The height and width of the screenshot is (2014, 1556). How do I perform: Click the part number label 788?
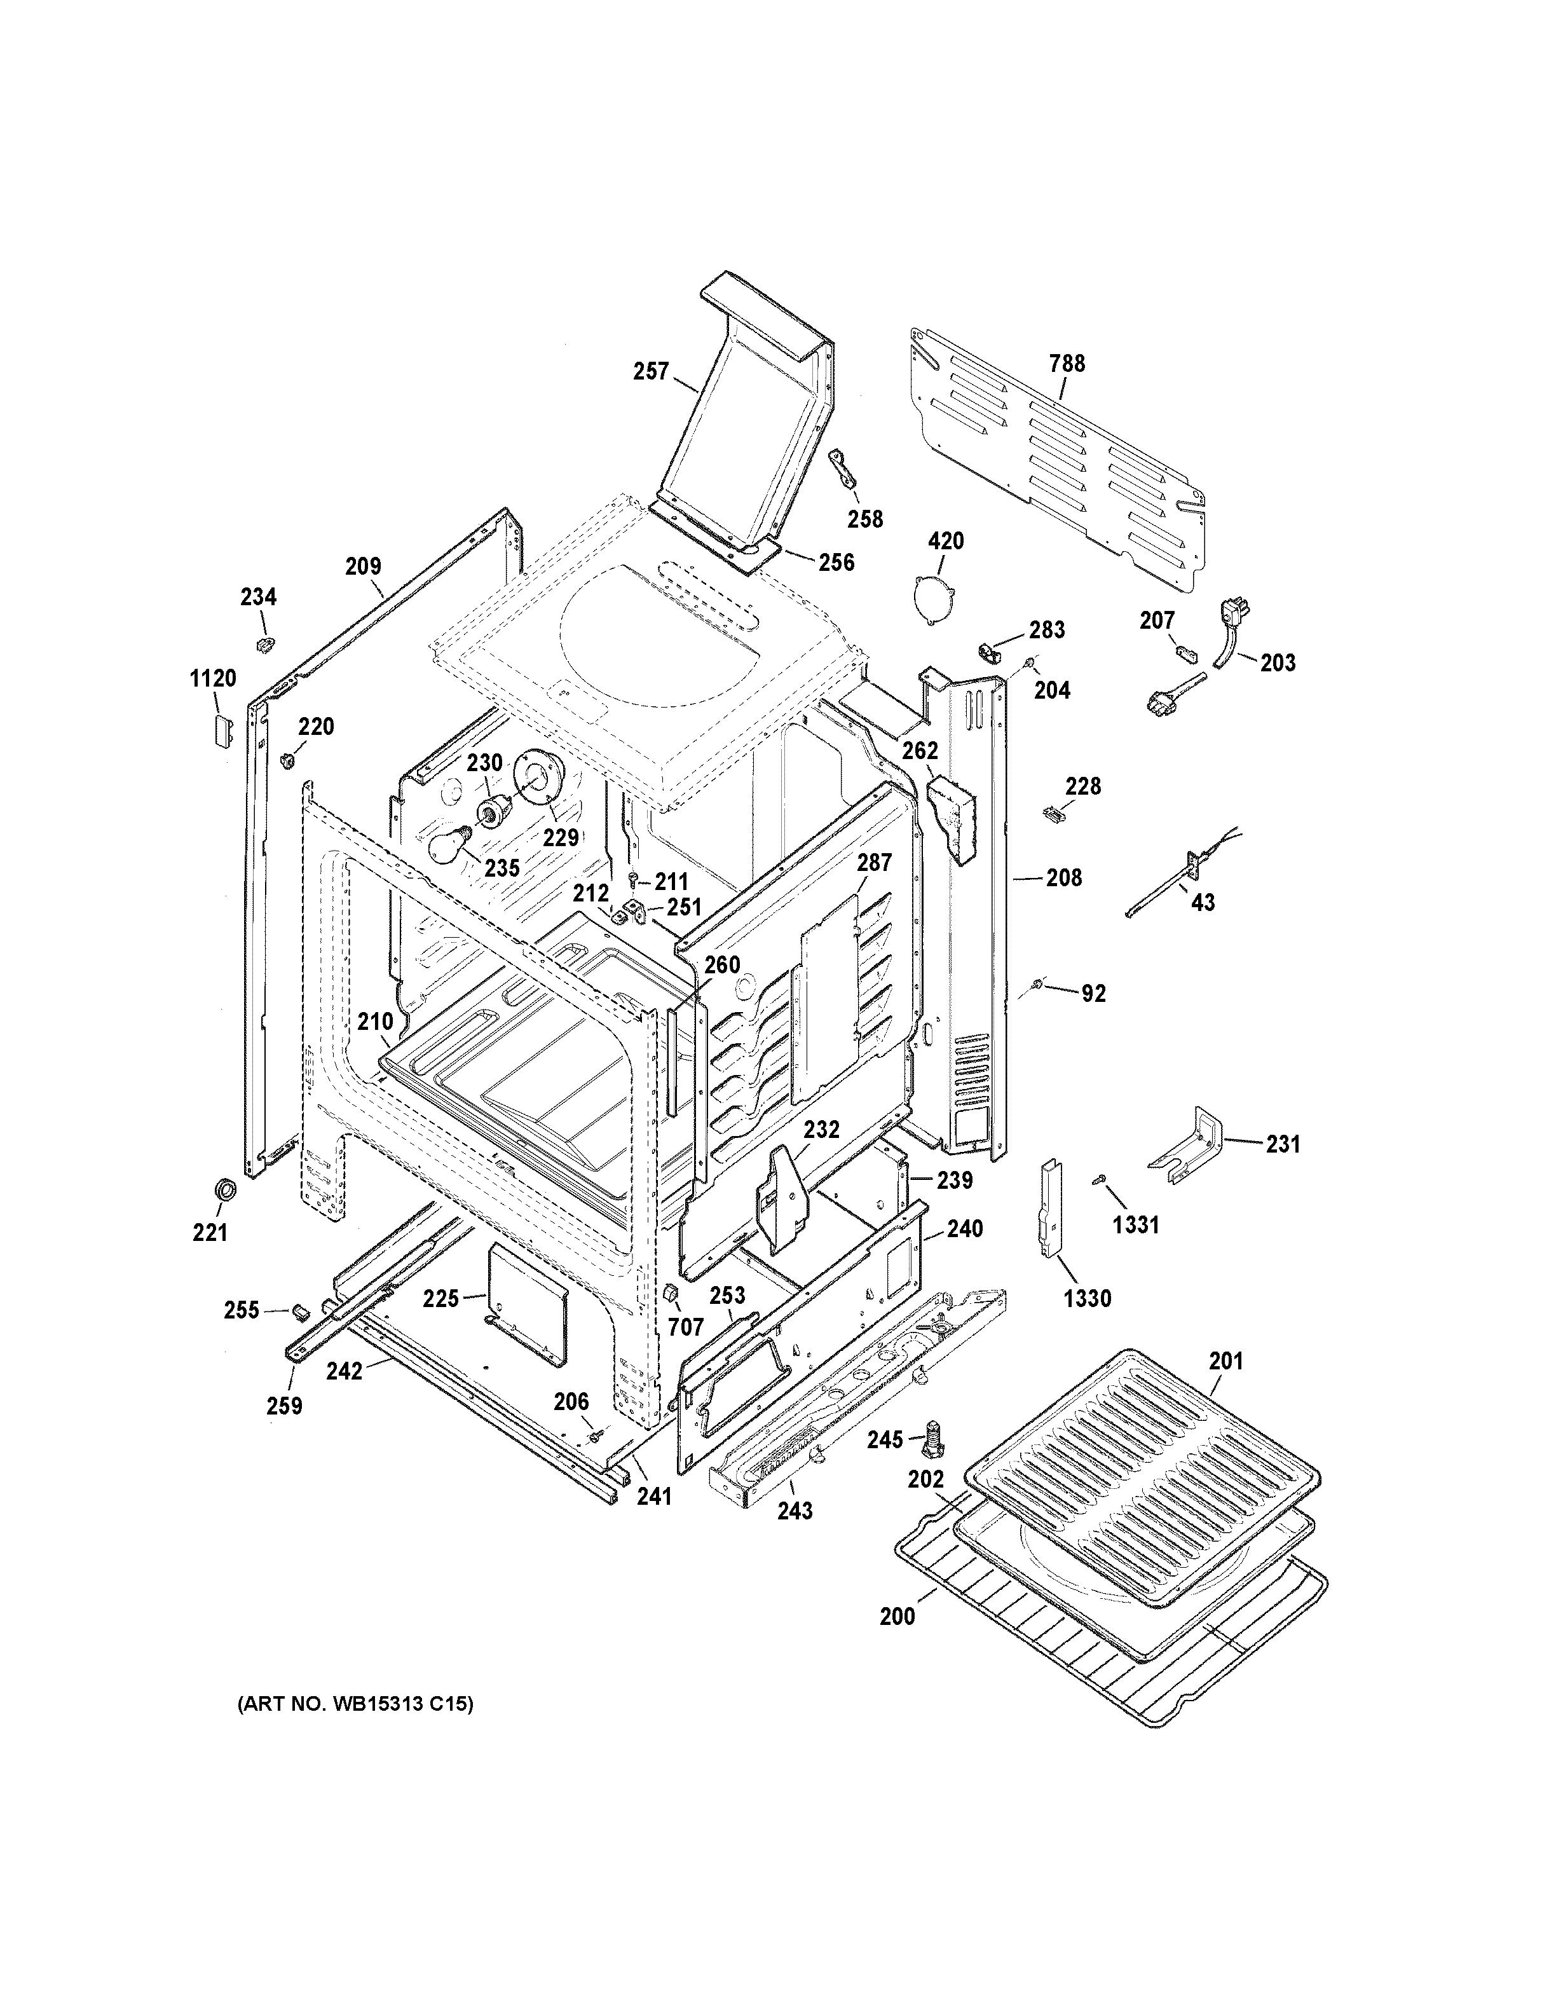tap(1067, 364)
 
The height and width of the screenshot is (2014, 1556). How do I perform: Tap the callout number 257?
tap(651, 372)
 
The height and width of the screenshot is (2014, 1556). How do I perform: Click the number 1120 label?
tap(213, 679)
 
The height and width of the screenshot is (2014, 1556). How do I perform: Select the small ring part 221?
tap(223, 1189)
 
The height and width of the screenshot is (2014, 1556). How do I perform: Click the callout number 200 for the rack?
tap(897, 1615)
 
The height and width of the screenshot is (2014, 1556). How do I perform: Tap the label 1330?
tap(1087, 1298)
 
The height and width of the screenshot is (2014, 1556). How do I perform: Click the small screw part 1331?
tap(1099, 1179)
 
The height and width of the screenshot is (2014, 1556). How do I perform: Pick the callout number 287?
tap(874, 862)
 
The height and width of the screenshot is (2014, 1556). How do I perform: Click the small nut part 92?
tap(1038, 987)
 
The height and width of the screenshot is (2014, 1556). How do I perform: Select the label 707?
tap(685, 1326)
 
